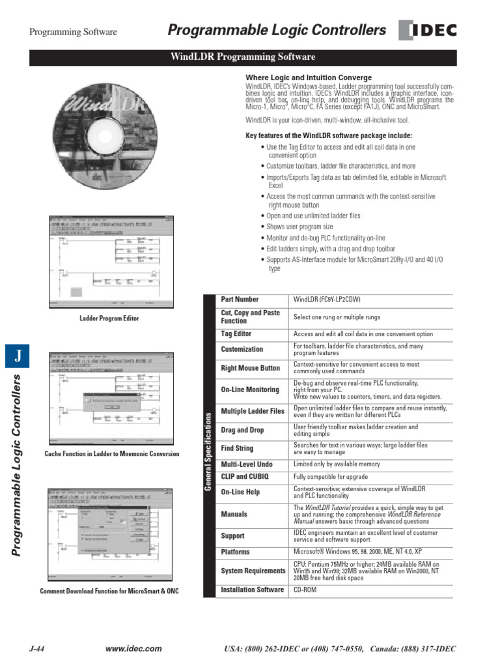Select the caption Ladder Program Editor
tap(109, 319)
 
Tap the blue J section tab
tap(18, 356)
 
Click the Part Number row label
tap(240, 300)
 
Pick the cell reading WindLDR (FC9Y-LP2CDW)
tap(327, 300)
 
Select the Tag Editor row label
tap(236, 334)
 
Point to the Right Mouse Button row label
tap(250, 368)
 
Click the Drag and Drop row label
tap(242, 431)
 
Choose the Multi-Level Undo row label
tap(246, 465)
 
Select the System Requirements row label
tap(253, 571)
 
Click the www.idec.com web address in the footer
tap(133, 649)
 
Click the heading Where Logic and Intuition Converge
tap(309, 78)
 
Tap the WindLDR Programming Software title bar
tap(242, 57)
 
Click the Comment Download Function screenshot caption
tap(109, 591)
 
